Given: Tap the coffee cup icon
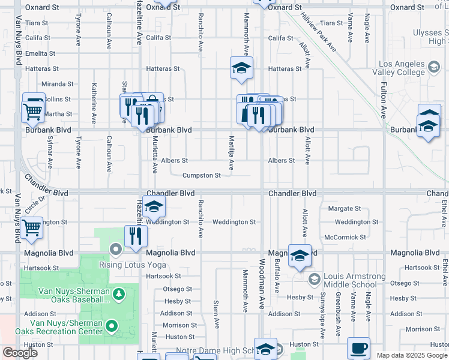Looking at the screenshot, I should [359, 348].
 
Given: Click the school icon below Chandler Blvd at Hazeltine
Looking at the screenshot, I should [154, 208].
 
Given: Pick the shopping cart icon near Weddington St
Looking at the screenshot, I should [31, 229].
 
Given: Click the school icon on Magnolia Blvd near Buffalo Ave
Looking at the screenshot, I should [299, 256].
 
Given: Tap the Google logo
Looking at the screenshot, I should [20, 353].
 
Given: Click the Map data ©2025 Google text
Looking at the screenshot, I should [412, 355].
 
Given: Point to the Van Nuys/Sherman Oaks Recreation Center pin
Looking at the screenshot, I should [112, 326].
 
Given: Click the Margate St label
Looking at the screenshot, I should [344, 209].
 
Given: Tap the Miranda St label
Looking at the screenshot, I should [58, 85].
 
